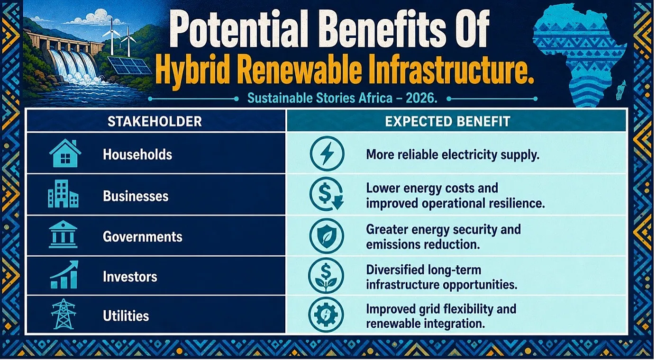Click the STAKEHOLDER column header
155,121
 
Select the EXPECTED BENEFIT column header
447,121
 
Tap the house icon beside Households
65,153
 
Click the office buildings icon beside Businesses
63,194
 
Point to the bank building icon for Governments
63,235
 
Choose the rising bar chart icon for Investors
64,275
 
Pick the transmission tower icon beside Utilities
63,315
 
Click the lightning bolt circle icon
327,153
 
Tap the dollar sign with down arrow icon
327,194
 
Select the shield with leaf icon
327,235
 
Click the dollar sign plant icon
326,276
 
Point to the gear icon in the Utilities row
326,315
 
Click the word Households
137,154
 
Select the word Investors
130,277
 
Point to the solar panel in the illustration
129,65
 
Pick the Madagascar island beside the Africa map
621,91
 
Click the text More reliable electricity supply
453,155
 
